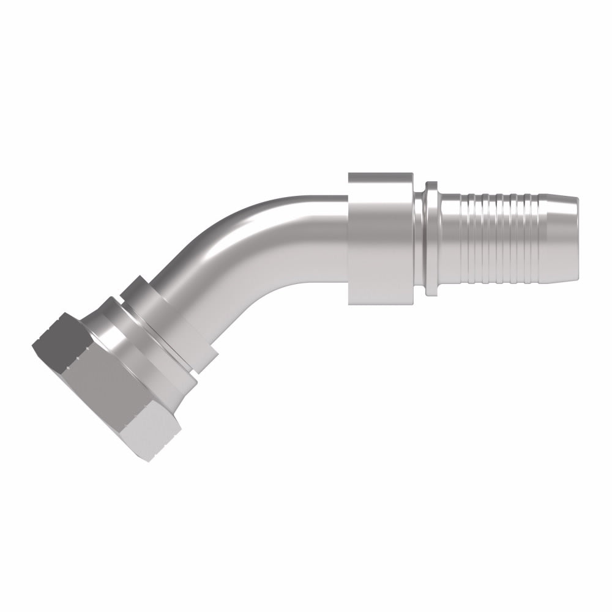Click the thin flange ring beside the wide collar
tap(431, 239)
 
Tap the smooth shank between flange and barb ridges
tap(450, 239)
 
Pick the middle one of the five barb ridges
tap(500, 239)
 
